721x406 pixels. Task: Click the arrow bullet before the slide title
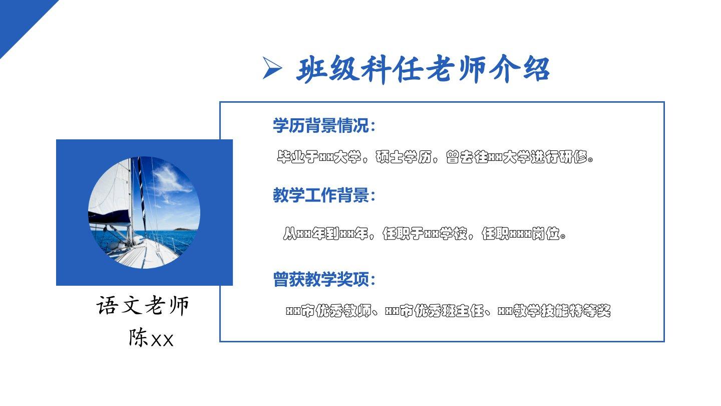coord(272,68)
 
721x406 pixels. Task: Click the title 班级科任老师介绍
coord(423,69)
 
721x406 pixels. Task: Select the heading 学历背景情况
coord(320,125)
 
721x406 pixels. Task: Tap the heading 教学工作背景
coord(320,195)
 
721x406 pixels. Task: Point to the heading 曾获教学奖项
coord(320,279)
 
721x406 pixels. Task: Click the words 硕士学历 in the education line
coord(404,157)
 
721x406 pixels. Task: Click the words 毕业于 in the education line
coord(298,157)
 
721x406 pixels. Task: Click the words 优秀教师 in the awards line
coord(343,311)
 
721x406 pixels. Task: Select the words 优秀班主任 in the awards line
coord(449,311)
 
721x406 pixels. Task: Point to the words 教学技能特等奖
coord(562,311)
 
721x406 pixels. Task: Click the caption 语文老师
coord(143,305)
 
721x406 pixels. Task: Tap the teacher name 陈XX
coord(151,338)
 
